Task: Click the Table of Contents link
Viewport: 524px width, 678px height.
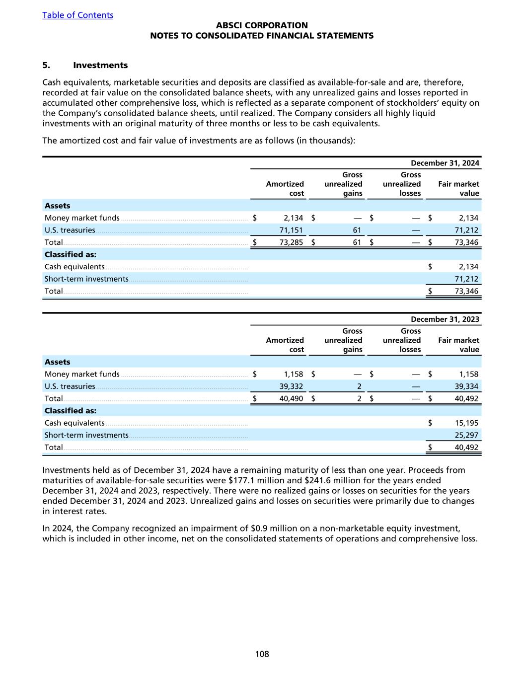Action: click(77, 15)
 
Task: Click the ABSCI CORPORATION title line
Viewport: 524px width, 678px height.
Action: click(262, 25)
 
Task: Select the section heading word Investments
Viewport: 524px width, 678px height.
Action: click(100, 65)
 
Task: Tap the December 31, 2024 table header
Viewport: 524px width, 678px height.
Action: click(445, 163)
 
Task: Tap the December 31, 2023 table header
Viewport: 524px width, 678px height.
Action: click(445, 319)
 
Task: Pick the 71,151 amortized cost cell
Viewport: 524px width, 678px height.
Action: click(291, 230)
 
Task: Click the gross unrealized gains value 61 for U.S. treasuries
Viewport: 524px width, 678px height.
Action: click(357, 230)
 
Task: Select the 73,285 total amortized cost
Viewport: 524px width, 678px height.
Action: click(291, 242)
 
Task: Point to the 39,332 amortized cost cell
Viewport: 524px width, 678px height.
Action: click(291, 386)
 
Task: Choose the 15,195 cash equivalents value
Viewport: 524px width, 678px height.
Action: click(466, 423)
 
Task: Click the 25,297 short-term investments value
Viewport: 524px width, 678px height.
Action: click(466, 435)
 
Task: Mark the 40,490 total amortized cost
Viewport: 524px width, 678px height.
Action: click(291, 398)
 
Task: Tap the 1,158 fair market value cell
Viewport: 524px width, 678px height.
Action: click(468, 374)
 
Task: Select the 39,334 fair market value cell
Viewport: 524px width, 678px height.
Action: click(466, 386)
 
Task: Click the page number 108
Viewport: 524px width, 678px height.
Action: click(262, 654)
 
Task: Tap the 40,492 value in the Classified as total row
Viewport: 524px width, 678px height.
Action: click(466, 447)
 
